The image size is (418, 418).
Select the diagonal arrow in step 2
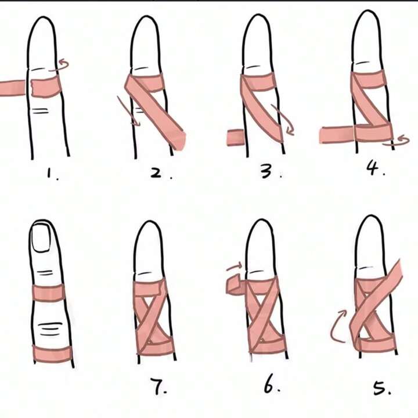128,111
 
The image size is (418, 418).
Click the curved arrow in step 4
397,141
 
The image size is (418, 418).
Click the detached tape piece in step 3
235,138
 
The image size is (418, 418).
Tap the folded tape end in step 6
235,285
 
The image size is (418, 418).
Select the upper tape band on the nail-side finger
48,292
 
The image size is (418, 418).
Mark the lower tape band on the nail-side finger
52,354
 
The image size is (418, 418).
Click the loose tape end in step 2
178,140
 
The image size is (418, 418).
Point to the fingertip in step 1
42,19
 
